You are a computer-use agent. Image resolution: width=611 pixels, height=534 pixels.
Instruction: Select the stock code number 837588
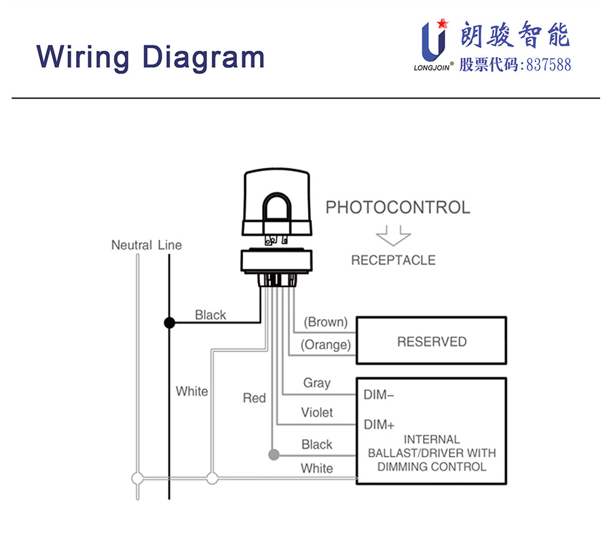coord(548,65)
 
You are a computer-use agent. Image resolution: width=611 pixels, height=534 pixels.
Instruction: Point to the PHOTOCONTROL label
coord(398,208)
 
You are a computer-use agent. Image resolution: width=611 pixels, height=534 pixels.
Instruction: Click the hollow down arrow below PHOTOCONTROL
coord(394,235)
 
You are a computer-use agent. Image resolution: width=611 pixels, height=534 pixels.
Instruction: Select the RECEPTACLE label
coord(393,260)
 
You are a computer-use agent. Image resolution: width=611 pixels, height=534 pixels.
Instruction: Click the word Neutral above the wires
coord(132,245)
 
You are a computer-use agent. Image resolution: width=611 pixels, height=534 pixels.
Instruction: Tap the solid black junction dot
coord(170,324)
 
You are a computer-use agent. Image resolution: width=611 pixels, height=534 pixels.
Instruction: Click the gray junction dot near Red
coord(273,454)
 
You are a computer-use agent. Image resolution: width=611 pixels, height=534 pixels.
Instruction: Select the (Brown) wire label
coord(325,322)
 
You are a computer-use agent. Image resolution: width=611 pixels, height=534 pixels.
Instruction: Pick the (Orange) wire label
coord(326,345)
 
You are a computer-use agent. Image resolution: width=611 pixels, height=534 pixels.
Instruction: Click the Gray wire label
coord(316,383)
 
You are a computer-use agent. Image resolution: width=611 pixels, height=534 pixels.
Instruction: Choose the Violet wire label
coord(317,413)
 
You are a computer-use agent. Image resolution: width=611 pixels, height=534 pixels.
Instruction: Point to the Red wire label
coord(254,398)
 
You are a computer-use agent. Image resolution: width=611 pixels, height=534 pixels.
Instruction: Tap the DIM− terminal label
coord(379,394)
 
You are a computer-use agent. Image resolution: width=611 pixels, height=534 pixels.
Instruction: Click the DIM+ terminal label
coord(379,425)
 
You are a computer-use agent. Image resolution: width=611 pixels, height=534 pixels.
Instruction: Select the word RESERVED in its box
coord(432,341)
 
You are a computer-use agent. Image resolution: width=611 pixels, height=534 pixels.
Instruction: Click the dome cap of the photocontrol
coord(277,197)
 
